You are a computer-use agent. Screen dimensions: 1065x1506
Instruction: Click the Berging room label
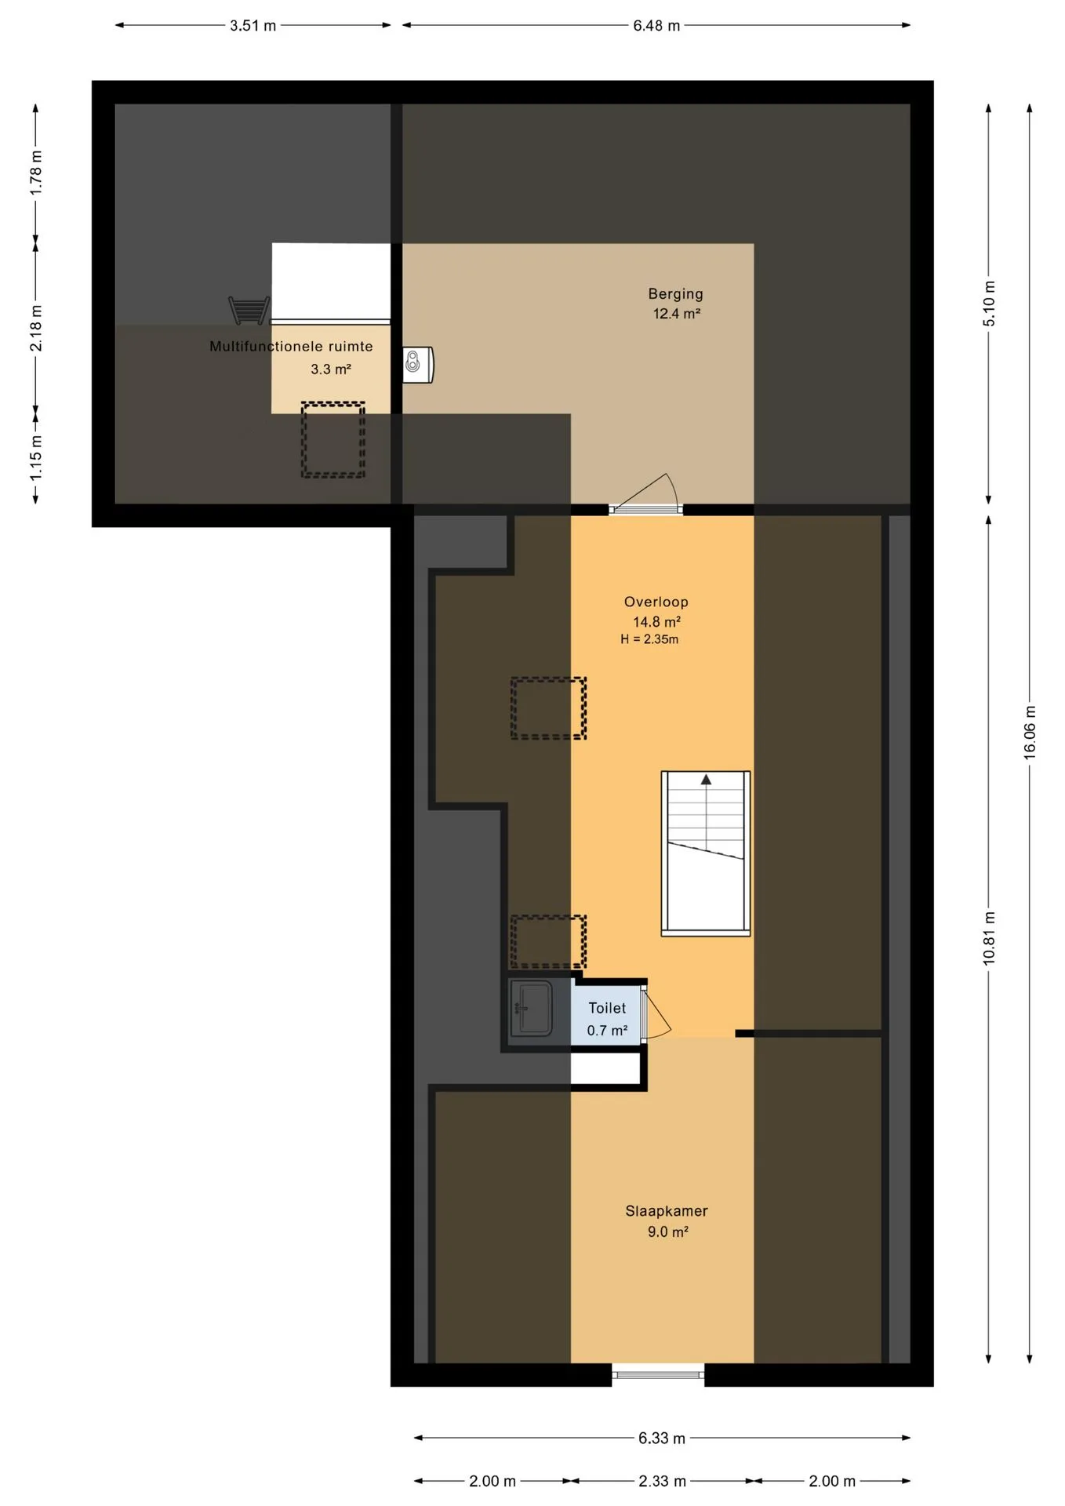pos(675,294)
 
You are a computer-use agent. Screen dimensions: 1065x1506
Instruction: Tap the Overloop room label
pos(656,602)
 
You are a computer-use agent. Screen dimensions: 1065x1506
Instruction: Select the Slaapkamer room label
pos(667,1211)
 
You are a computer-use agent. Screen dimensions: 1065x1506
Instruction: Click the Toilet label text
pos(607,1008)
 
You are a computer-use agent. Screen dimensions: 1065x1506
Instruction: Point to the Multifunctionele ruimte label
pos(291,346)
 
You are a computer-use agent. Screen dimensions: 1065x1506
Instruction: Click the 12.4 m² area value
pos(676,314)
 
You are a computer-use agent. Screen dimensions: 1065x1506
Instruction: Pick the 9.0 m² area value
pos(667,1232)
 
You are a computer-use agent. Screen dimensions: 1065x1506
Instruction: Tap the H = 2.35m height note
pos(649,639)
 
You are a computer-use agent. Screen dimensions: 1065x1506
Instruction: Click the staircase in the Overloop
pos(706,853)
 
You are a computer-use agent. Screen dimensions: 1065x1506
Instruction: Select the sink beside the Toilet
pos(531,1008)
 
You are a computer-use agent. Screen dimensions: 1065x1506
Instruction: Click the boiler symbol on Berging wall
pos(418,364)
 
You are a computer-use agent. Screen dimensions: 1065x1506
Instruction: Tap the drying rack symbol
pos(249,311)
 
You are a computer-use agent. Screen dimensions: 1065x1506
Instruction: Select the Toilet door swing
pos(656,1016)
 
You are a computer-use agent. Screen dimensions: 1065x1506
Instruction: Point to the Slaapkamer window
pos(658,1374)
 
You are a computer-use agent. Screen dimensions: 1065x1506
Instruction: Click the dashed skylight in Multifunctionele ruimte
pos(333,439)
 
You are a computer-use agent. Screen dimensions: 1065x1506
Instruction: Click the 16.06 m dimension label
pos(1030,732)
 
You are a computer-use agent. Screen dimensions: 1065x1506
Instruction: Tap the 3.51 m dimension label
pos(253,26)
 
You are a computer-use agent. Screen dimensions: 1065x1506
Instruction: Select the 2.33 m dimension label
pos(662,1481)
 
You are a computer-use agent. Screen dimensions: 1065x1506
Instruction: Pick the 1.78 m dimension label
pos(36,173)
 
